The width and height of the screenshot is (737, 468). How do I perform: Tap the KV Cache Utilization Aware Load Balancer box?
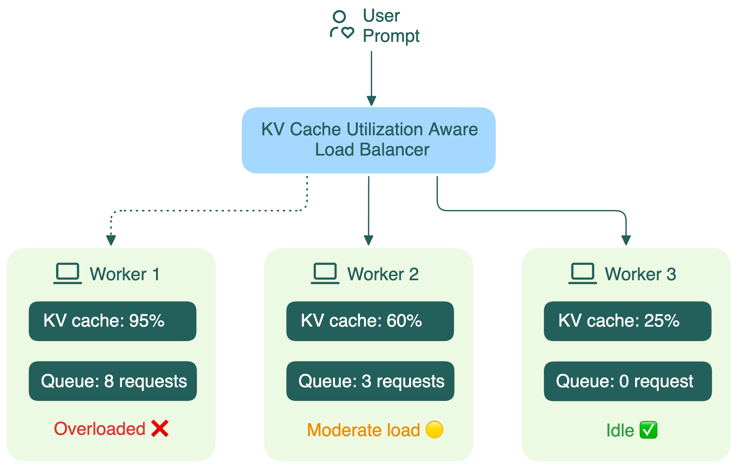[x=369, y=140]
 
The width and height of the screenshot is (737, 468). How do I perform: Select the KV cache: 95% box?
[x=113, y=321]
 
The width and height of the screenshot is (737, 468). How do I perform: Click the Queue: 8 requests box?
[x=113, y=381]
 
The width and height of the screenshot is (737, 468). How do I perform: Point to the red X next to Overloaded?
[x=160, y=428]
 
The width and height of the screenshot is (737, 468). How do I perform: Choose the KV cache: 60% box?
[x=370, y=321]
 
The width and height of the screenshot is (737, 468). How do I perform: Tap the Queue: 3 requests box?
[x=370, y=381]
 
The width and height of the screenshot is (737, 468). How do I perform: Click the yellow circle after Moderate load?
[x=434, y=430]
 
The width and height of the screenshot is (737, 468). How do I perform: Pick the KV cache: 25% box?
[x=627, y=321]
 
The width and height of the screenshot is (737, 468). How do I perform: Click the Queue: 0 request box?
[x=627, y=381]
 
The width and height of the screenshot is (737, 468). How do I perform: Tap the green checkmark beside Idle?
[x=648, y=430]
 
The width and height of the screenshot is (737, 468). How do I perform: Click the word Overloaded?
[x=100, y=429]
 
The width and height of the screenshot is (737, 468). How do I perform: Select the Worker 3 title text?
[x=640, y=274]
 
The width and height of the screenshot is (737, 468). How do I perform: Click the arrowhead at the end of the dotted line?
[x=111, y=240]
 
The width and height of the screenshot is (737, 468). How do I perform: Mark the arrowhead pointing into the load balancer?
[x=371, y=101]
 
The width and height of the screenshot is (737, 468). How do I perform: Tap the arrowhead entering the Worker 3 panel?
[x=626, y=240]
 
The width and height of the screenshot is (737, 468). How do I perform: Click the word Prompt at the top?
[x=391, y=36]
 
